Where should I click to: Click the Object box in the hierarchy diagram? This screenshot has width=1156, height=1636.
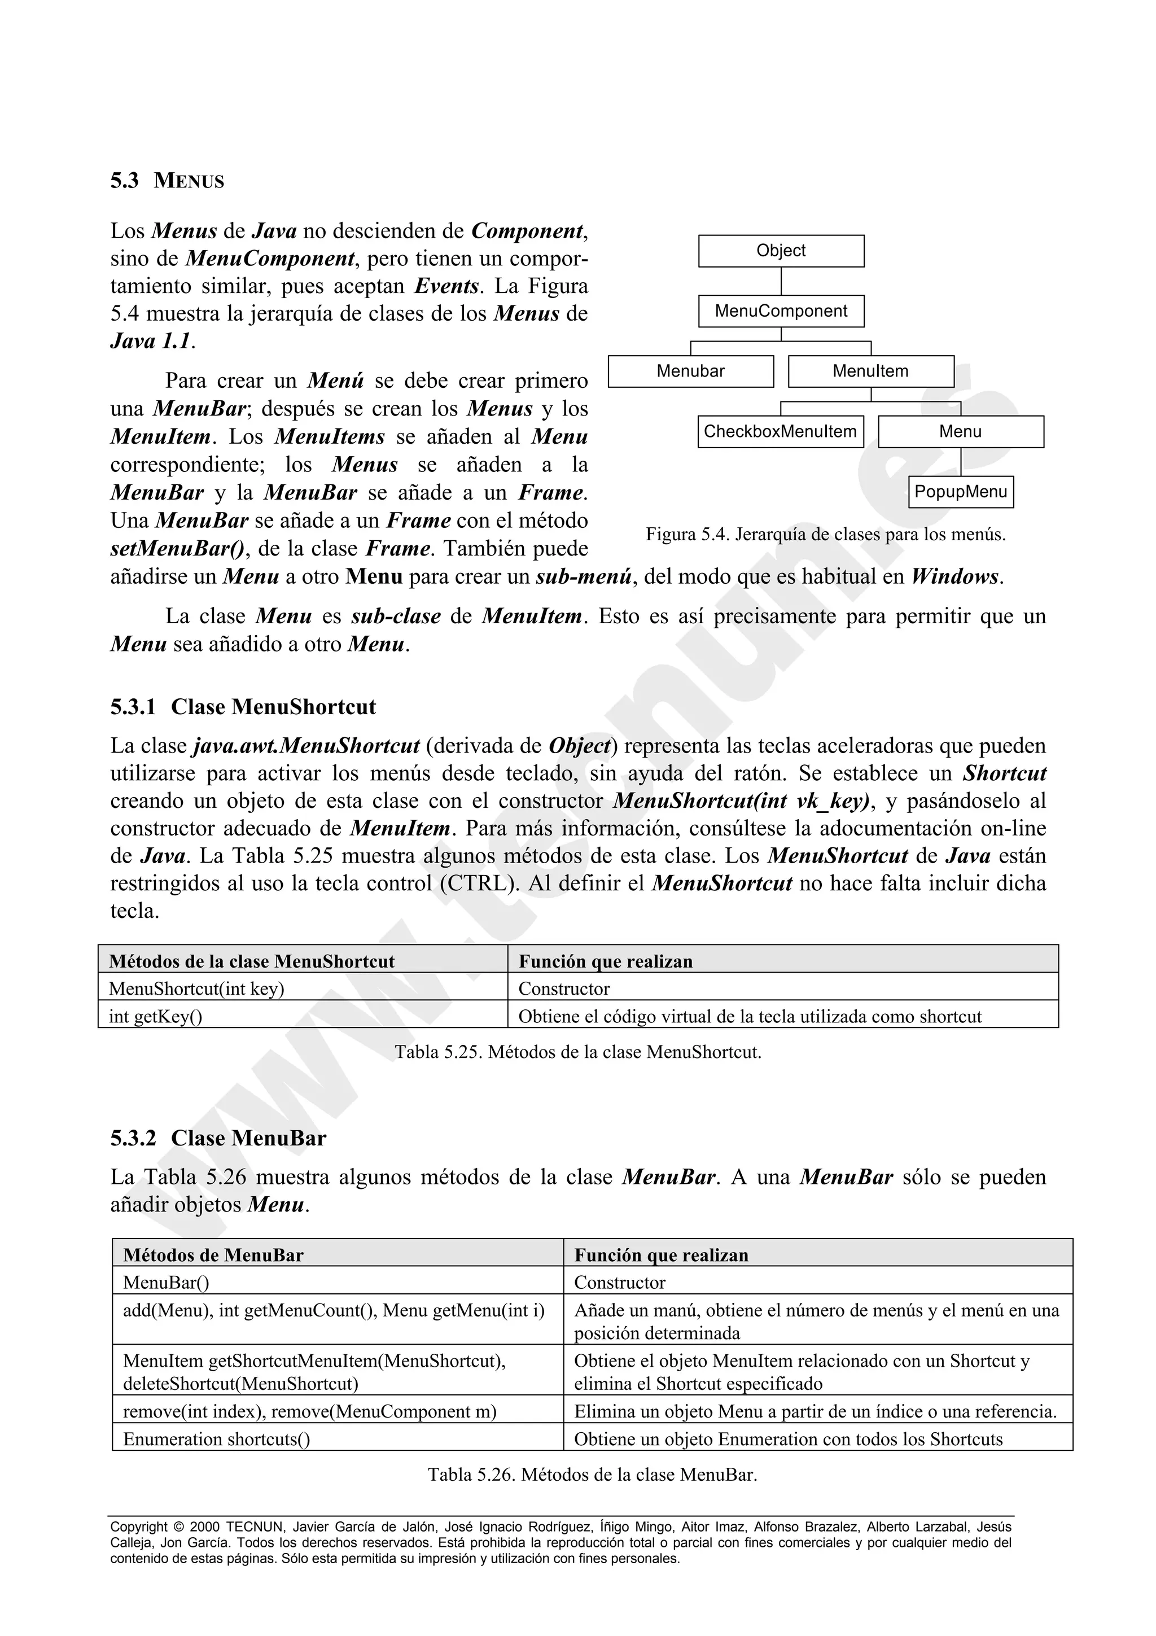click(x=781, y=251)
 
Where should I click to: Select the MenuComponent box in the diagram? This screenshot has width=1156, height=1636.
click(x=781, y=312)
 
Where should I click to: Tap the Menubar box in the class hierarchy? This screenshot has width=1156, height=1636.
click(x=690, y=371)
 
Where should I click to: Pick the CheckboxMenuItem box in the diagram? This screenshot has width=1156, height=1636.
click(x=780, y=432)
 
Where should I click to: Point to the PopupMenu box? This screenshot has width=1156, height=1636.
click(x=960, y=492)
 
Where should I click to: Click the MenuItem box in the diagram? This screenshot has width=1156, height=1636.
click(x=870, y=371)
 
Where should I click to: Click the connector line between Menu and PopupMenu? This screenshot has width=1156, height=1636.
click(x=960, y=462)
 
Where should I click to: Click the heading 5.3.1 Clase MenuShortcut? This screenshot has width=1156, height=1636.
click(x=243, y=707)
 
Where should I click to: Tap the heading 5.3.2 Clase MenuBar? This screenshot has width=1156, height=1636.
click(x=218, y=1138)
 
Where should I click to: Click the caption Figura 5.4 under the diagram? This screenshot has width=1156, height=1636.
click(x=825, y=535)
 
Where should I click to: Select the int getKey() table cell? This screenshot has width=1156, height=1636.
click(x=155, y=1016)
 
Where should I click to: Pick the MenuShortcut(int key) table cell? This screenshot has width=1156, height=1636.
click(x=196, y=989)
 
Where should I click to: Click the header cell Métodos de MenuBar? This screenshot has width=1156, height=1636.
click(x=214, y=1255)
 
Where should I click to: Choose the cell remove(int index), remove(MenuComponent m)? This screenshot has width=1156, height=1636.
click(x=310, y=1411)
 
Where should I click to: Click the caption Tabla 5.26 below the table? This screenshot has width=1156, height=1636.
click(x=592, y=1474)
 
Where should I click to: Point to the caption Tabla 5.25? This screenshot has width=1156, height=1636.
click(x=577, y=1052)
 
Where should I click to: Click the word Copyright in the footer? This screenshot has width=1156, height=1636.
click(x=139, y=1527)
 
